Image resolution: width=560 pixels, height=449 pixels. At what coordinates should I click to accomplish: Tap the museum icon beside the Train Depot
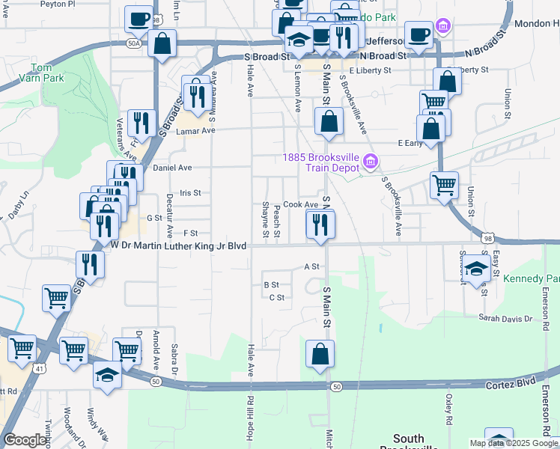point(369,162)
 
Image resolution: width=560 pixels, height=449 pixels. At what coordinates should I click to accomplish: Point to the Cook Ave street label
point(300,204)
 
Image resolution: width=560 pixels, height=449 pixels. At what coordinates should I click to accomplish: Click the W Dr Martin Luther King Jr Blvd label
point(178,245)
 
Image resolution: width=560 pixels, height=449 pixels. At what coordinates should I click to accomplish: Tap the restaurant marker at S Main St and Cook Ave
point(320,224)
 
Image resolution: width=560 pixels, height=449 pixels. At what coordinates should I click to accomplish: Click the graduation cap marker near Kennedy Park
point(476,270)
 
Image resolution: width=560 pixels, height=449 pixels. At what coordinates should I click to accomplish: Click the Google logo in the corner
point(25,440)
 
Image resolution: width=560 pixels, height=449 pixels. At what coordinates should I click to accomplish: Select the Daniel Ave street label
point(172,168)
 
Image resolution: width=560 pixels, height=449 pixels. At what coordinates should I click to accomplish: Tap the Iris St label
point(191,192)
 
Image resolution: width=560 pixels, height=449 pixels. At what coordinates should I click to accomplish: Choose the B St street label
point(271,284)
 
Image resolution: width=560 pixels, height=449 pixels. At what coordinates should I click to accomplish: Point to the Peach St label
point(277,221)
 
